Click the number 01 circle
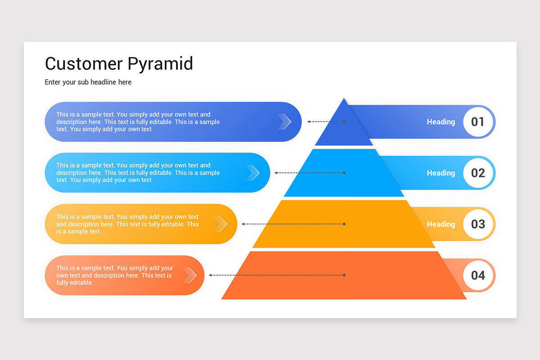[x=477, y=121]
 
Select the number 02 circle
[x=477, y=173]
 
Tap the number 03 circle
[x=477, y=224]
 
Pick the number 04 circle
[x=477, y=275]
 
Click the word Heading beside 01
[x=441, y=122]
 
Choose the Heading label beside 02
[x=441, y=173]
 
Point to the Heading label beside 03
[x=441, y=224]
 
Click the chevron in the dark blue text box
[x=285, y=121]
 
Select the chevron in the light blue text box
[x=253, y=173]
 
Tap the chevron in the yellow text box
[x=220, y=224]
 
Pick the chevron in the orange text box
[x=190, y=275]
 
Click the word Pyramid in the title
[x=160, y=64]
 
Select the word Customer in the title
[x=83, y=63]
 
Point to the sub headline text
[x=88, y=82]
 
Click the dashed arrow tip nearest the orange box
[x=211, y=275]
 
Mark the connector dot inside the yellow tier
[x=344, y=224]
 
